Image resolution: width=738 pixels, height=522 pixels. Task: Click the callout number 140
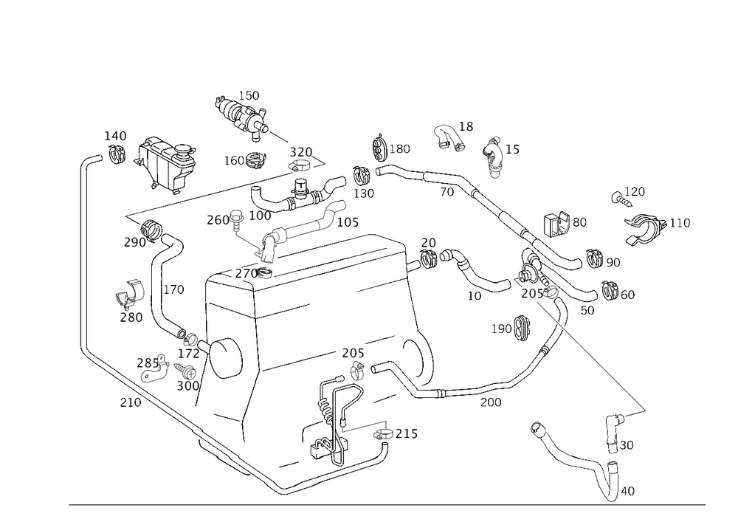(115, 136)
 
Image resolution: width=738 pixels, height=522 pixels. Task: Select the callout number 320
(302, 151)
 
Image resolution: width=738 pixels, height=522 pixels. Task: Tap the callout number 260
(218, 219)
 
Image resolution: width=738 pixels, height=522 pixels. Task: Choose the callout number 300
(188, 385)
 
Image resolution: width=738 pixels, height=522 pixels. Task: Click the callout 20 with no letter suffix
(428, 243)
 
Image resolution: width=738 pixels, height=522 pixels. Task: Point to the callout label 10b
(347, 221)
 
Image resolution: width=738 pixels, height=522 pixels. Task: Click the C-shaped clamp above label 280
(127, 294)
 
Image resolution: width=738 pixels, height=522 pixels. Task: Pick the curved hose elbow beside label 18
(447, 137)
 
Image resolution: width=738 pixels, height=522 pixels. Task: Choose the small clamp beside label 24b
(381, 436)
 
